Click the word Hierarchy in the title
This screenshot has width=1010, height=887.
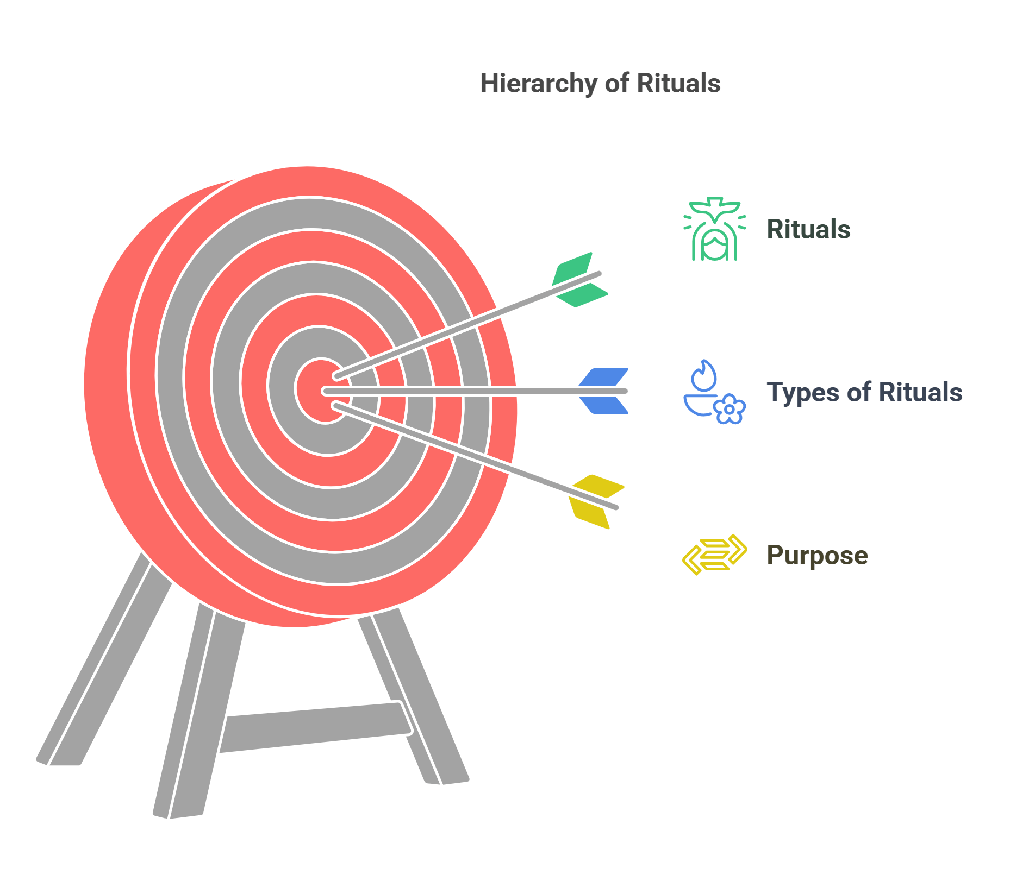[538, 84]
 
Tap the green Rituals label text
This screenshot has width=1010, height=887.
[808, 229]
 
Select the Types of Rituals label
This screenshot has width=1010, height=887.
[864, 392]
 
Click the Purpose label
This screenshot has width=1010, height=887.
[816, 555]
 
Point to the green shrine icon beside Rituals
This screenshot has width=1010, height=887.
[714, 229]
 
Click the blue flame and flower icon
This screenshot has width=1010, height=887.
[714, 392]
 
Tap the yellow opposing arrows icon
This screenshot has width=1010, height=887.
[714, 555]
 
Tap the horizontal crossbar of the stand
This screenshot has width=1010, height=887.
[315, 727]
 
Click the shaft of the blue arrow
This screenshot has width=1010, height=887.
[462, 391]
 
